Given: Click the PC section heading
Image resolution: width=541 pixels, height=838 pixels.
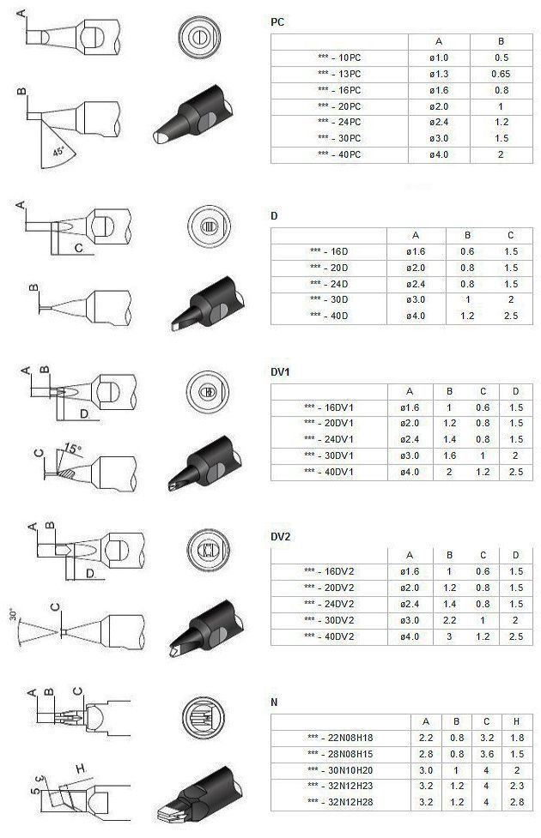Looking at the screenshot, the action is [277, 22].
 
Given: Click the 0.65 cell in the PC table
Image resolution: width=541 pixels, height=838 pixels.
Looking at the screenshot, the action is [501, 74].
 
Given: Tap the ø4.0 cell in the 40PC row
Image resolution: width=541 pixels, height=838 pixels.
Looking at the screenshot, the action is [439, 154].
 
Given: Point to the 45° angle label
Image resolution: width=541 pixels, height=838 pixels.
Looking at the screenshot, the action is [58, 151].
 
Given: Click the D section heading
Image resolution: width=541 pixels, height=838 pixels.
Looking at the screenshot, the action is [274, 216].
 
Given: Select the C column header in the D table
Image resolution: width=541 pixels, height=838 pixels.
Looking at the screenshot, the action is [510, 235].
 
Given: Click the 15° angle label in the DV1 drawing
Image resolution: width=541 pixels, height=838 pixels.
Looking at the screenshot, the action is [73, 448].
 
